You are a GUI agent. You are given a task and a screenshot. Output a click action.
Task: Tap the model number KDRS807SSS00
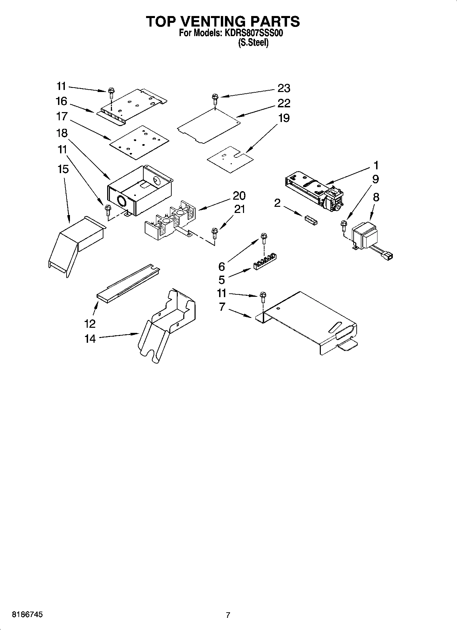click(x=253, y=33)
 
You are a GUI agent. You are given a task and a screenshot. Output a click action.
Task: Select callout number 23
click(x=284, y=88)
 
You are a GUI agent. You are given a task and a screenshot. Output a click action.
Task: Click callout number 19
click(x=284, y=118)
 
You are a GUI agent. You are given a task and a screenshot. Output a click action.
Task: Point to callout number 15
click(x=63, y=169)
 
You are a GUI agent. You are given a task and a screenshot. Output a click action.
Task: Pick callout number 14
click(x=90, y=339)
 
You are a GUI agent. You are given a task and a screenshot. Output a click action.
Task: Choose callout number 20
click(x=239, y=196)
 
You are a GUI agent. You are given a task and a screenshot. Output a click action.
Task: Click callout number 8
click(x=376, y=197)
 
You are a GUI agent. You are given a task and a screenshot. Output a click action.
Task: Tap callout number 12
click(x=90, y=323)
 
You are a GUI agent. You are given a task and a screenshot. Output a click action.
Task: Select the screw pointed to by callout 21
click(x=215, y=233)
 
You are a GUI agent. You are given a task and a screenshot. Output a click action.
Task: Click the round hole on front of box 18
click(x=121, y=201)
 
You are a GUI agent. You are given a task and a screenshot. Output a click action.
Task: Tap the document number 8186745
click(x=27, y=615)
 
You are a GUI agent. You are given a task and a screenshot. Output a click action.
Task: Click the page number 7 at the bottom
click(x=228, y=615)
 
